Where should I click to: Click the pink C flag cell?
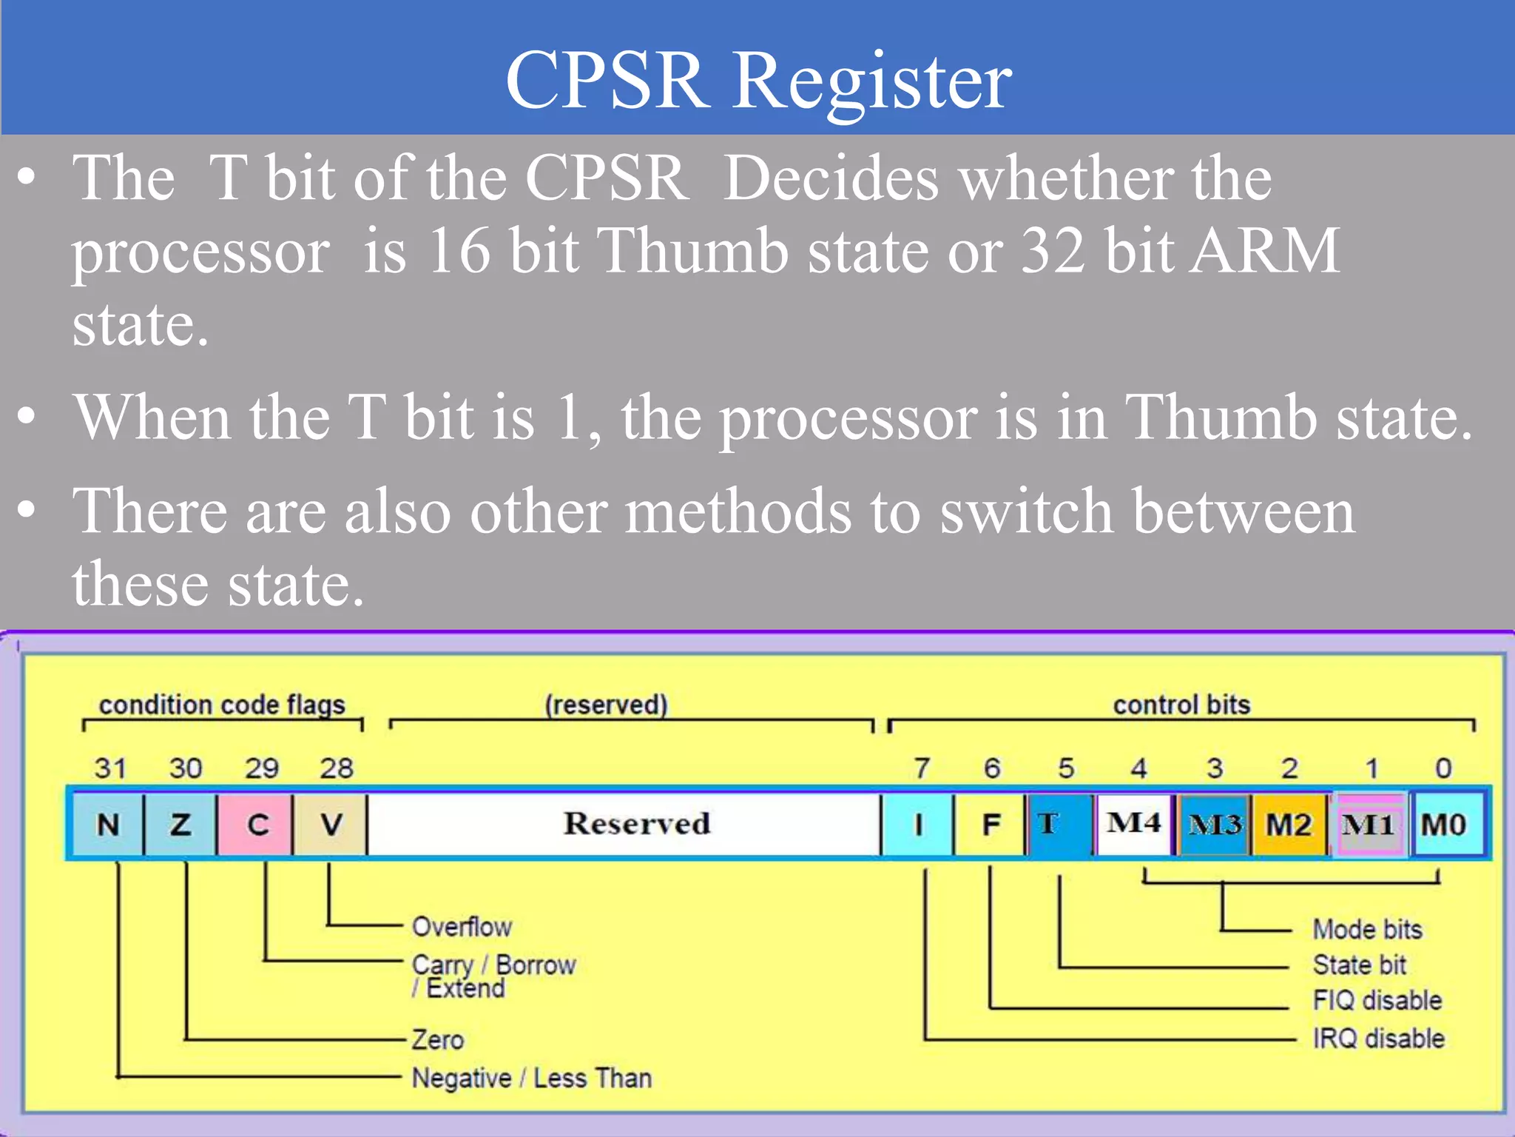[x=255, y=824]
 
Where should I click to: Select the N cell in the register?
[x=108, y=824]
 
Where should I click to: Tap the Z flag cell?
[x=180, y=824]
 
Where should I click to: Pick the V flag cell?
[x=330, y=824]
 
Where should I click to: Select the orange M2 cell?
[x=1289, y=824]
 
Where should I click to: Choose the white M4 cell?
[x=1134, y=822]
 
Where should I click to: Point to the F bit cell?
[x=991, y=824]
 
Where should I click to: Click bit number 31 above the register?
[x=110, y=768]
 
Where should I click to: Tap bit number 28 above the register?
[x=337, y=768]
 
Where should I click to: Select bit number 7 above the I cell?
[x=922, y=768]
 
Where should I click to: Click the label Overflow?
[x=462, y=927]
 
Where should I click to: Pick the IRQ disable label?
[x=1378, y=1039]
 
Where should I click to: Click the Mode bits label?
[x=1367, y=929]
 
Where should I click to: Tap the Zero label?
[x=438, y=1040]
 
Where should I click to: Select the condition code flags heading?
[x=222, y=705]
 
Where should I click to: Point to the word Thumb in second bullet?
[x=1221, y=417]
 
